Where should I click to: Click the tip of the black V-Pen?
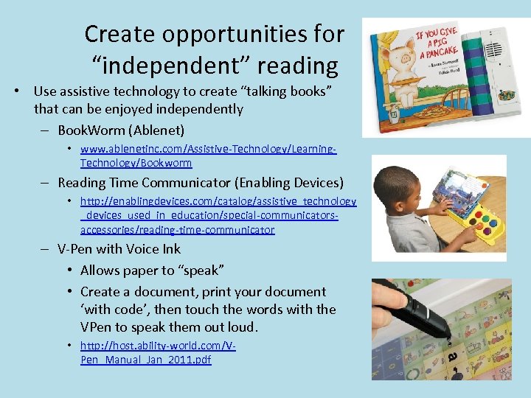[x=448, y=338]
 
